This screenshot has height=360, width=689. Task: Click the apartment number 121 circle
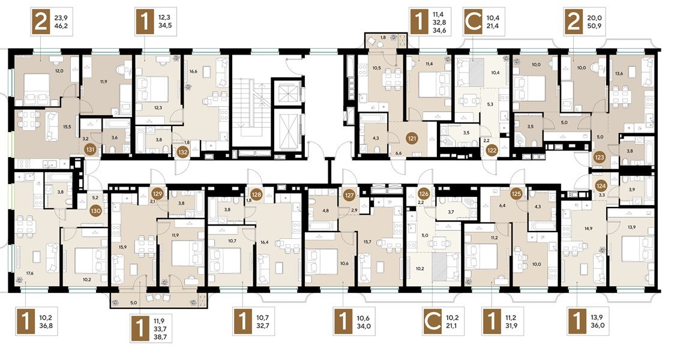tap(412, 138)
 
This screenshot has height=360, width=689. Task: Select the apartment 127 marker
tap(350, 194)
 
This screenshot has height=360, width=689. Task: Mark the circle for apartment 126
tap(424, 194)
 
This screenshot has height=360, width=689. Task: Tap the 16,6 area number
tap(193, 71)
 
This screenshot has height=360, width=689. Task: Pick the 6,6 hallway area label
tap(398, 154)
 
